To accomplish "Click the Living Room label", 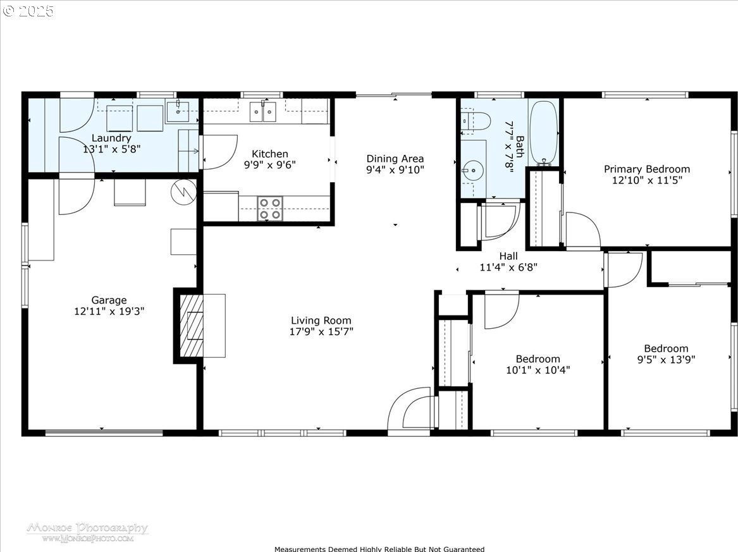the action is pyautogui.click(x=321, y=321).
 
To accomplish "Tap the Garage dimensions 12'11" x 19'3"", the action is pyautogui.click(x=109, y=311).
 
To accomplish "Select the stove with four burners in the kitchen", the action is pyautogui.click(x=270, y=209).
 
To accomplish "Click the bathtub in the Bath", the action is pyautogui.click(x=544, y=133).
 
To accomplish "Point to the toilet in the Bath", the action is pyautogui.click(x=475, y=121).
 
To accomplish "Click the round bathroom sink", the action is pyautogui.click(x=472, y=169).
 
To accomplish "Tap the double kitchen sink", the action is pyautogui.click(x=262, y=111).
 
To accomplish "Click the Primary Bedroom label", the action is pyautogui.click(x=647, y=169).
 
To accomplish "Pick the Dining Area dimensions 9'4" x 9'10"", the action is pyautogui.click(x=395, y=169).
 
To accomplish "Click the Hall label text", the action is pyautogui.click(x=508, y=256).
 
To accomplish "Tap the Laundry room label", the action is pyautogui.click(x=111, y=138).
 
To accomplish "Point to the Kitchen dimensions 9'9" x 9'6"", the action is pyautogui.click(x=269, y=164).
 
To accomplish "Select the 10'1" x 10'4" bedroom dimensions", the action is pyautogui.click(x=538, y=370).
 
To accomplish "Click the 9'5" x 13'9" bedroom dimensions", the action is pyautogui.click(x=666, y=360).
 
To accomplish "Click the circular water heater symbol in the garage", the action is pyautogui.click(x=183, y=192).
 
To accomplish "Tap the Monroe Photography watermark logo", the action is pyautogui.click(x=87, y=532).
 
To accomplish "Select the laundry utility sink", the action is pyautogui.click(x=178, y=112).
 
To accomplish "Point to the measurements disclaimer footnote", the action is pyautogui.click(x=379, y=549).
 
